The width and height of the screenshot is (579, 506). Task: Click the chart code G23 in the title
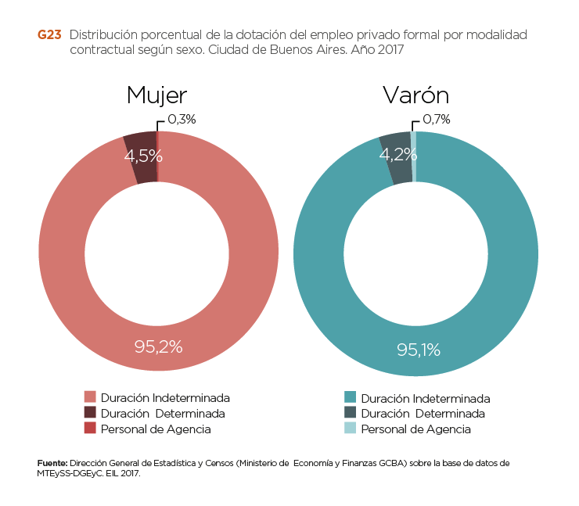tap(49, 35)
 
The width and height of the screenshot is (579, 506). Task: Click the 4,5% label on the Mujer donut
tap(143, 156)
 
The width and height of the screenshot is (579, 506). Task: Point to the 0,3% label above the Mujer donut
tap(182, 120)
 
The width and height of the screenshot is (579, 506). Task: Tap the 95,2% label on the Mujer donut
tap(158, 346)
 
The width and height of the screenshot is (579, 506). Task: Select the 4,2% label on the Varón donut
tap(397, 155)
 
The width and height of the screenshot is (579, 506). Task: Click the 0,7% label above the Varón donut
tap(437, 120)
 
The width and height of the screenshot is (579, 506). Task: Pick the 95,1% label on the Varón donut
tap(419, 350)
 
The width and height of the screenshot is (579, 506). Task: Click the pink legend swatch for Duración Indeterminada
tap(90, 397)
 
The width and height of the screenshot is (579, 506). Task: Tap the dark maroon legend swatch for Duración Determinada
tap(90, 413)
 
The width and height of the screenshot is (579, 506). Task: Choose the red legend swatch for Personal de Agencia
tap(90, 429)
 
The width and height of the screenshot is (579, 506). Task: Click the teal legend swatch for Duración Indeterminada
tap(350, 397)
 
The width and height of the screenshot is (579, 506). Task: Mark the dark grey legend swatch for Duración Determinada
tap(350, 413)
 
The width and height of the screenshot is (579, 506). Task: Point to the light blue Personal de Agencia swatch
tap(350, 429)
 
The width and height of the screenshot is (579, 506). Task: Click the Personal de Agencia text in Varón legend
tap(415, 429)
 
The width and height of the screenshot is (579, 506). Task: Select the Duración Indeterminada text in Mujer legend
tap(165, 398)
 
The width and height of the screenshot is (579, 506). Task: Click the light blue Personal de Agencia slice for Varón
tap(413, 145)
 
